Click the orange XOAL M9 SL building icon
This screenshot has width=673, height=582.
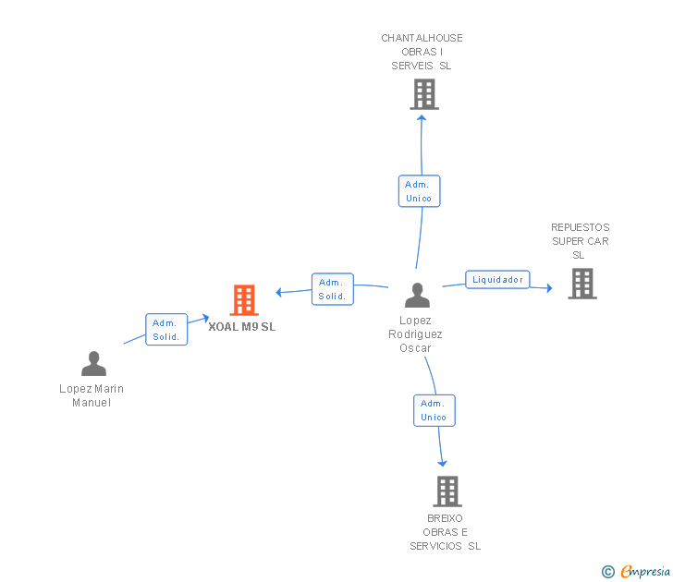point(243,299)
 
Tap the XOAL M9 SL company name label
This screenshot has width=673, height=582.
point(242,326)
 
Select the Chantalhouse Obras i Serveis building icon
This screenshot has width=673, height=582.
point(423,94)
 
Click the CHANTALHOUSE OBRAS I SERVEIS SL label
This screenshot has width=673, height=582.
point(422,52)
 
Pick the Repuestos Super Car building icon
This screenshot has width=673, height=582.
point(581,284)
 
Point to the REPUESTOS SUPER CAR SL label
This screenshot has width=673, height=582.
point(580,241)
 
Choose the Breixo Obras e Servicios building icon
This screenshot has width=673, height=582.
point(447,491)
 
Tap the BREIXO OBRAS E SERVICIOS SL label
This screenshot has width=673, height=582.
point(446,532)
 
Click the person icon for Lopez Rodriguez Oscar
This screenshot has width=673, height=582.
point(417,296)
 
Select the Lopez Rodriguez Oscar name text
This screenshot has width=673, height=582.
point(415,334)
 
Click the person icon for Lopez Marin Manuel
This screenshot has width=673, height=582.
point(93,364)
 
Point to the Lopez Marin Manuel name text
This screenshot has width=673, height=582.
point(92,395)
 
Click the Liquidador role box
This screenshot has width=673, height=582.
point(497,279)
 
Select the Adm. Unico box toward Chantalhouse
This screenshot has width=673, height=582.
point(419,191)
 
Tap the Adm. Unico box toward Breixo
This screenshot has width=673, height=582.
point(434,410)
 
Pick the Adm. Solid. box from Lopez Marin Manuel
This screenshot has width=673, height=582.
point(166,330)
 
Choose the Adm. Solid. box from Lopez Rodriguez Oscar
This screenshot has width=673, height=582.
point(332,289)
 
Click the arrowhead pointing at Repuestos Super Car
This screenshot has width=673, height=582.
point(547,288)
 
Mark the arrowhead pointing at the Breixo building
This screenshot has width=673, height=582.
point(443,462)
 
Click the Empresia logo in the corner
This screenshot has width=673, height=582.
point(637,572)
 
